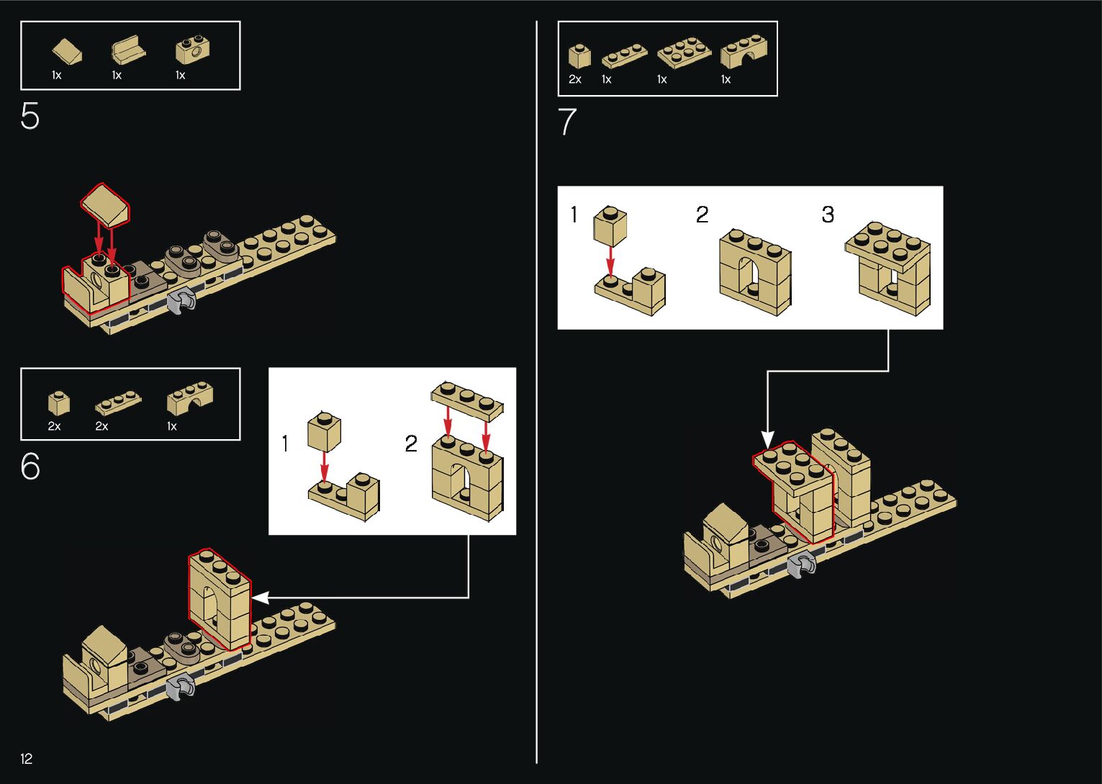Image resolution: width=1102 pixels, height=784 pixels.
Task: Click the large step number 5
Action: click(x=30, y=116)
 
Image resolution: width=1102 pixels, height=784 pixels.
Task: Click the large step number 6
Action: click(x=30, y=467)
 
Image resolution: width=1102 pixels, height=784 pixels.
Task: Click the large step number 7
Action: click(x=567, y=122)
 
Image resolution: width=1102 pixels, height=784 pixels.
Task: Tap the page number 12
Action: click(x=27, y=758)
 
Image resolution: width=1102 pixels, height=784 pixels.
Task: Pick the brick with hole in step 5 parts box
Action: click(x=192, y=50)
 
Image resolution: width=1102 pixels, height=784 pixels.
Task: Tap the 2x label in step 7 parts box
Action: click(x=574, y=79)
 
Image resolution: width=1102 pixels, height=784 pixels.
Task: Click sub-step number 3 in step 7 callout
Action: click(x=828, y=215)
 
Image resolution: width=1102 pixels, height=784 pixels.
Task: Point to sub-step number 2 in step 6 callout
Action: click(x=411, y=443)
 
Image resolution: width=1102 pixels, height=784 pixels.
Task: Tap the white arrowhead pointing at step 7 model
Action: click(x=767, y=439)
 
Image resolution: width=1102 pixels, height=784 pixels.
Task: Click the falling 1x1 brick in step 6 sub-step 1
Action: click(x=324, y=431)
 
